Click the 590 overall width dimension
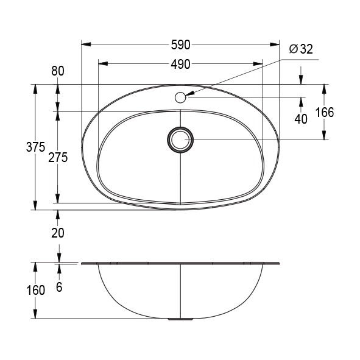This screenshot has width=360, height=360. [180, 44]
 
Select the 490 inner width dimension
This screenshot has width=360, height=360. [180, 63]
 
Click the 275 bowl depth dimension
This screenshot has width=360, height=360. [58, 157]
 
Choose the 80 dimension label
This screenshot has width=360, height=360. [58, 71]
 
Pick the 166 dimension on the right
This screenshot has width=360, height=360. [325, 112]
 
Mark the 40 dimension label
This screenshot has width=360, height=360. [301, 119]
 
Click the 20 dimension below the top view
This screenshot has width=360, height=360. [58, 232]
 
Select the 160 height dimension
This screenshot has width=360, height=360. [36, 290]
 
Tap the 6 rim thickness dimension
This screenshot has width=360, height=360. [59, 287]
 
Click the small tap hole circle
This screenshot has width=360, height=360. [180, 97]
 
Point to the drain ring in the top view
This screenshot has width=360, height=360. [180, 139]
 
